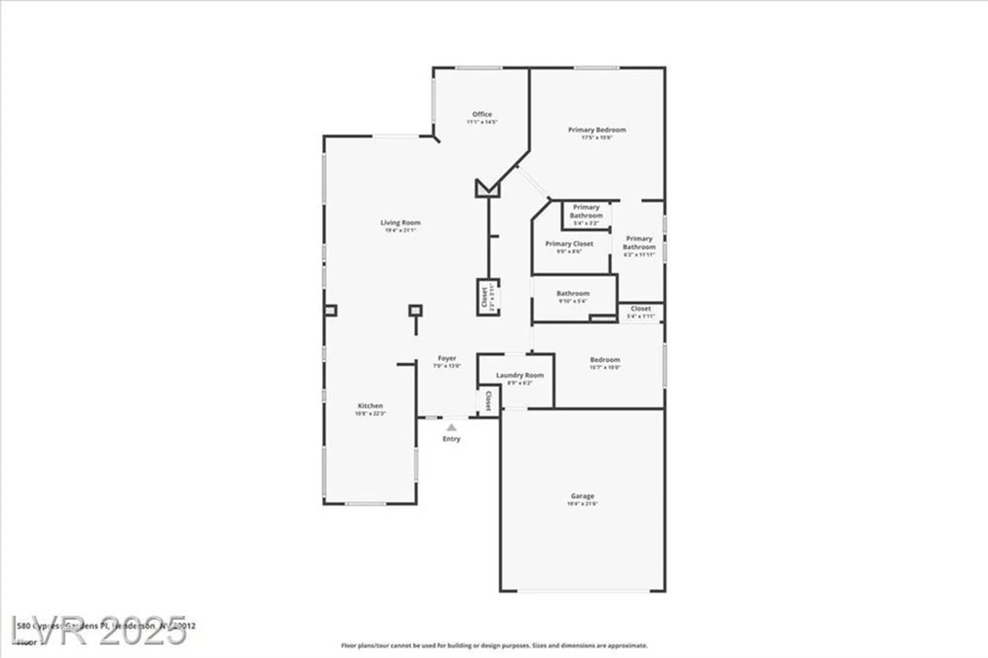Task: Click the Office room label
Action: (x=482, y=114)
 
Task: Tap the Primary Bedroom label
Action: (x=597, y=130)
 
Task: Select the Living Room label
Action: (x=400, y=223)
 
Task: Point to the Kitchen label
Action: (x=370, y=406)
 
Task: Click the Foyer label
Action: (x=447, y=358)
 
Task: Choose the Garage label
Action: (x=582, y=496)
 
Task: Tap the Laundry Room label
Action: (x=520, y=375)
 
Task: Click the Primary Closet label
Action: (x=569, y=244)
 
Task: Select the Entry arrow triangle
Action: (x=451, y=428)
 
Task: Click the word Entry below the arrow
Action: (x=451, y=439)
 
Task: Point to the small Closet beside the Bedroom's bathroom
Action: (x=640, y=309)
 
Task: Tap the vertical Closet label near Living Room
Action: (x=484, y=297)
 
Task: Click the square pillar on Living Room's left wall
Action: (x=330, y=311)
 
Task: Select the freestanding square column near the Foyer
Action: (x=415, y=310)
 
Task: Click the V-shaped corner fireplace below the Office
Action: (x=488, y=189)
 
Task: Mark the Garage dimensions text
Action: (x=582, y=504)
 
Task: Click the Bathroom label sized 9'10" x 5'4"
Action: (x=573, y=293)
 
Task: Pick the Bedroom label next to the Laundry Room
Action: (x=605, y=360)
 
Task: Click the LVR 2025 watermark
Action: (x=99, y=630)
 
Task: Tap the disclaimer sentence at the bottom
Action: (x=494, y=646)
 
